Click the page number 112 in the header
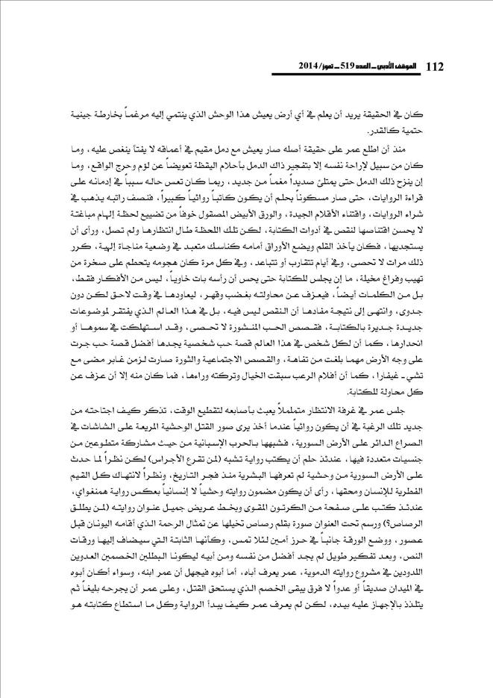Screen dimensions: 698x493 (x=433, y=67)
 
